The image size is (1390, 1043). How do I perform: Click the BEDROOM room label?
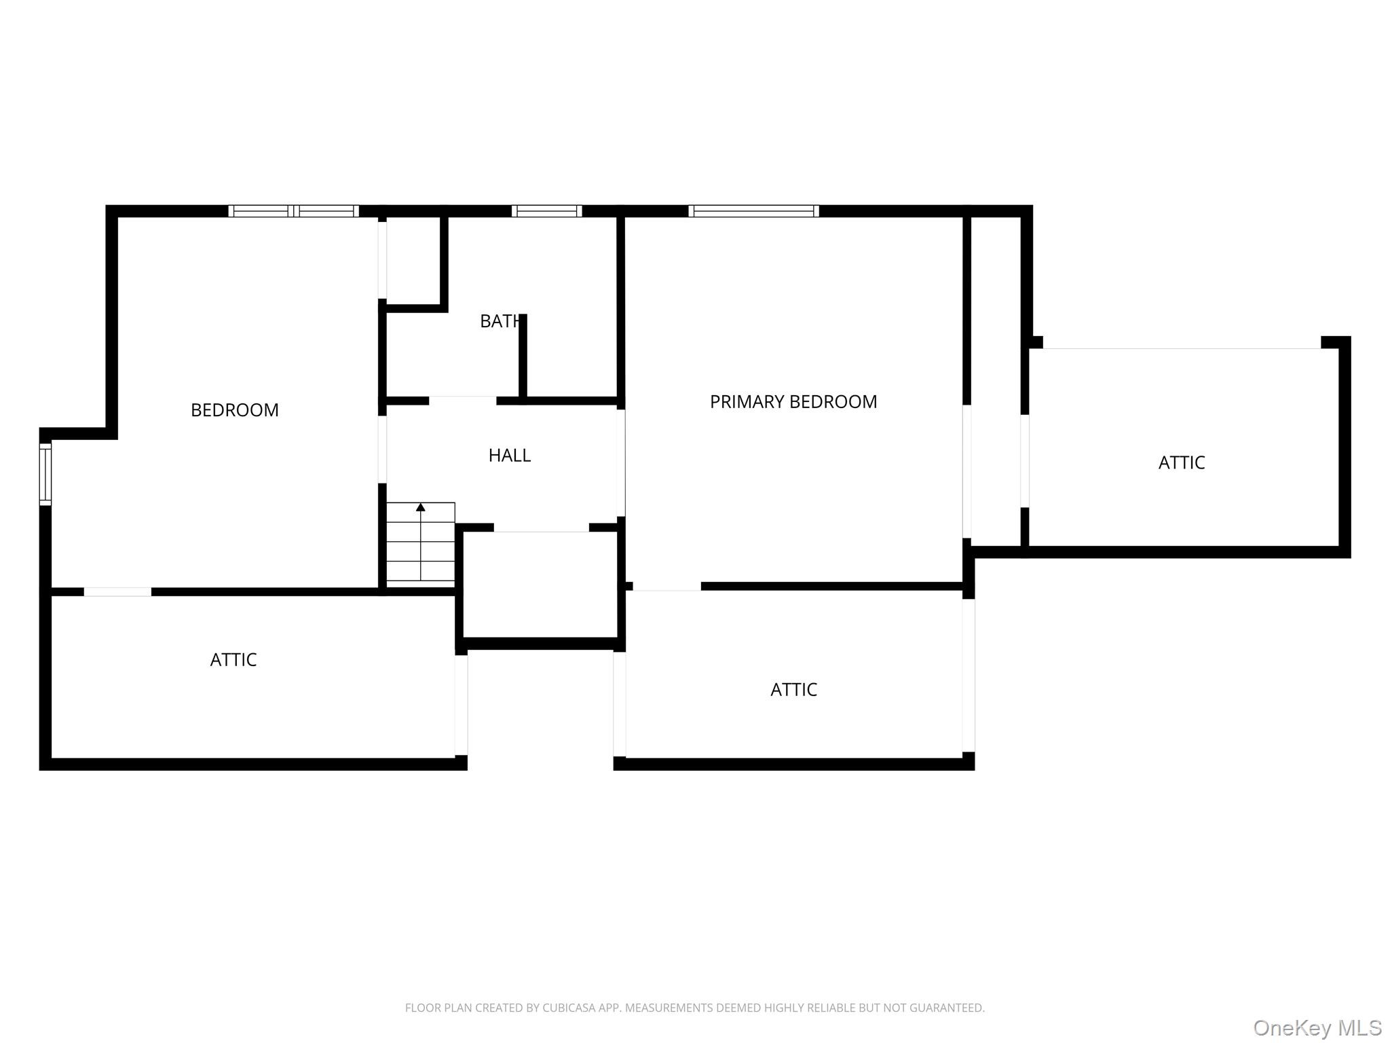(x=235, y=410)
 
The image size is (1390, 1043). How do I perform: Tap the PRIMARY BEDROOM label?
(x=793, y=402)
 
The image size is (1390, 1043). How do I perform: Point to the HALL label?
(x=510, y=456)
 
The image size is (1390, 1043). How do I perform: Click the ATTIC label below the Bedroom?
(x=233, y=660)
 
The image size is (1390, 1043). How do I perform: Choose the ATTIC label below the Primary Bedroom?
(x=794, y=690)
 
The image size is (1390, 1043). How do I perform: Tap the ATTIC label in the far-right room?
(x=1182, y=463)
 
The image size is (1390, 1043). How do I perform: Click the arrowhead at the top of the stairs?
(x=421, y=507)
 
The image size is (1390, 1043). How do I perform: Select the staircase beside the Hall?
(x=421, y=543)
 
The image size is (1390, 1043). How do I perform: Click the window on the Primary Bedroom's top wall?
(x=753, y=211)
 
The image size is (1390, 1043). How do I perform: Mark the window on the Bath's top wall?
(x=546, y=211)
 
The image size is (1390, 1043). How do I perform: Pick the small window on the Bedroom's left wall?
(x=45, y=474)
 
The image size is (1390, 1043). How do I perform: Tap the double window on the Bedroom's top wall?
(x=293, y=211)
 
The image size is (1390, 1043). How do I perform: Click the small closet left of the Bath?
(x=413, y=261)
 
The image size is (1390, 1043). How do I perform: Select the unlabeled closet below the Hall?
(x=540, y=585)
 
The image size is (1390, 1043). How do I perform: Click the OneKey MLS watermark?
(x=1317, y=1027)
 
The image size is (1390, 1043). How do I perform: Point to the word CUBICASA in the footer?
(x=568, y=1008)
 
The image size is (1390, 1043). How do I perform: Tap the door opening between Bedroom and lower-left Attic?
(x=117, y=592)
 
